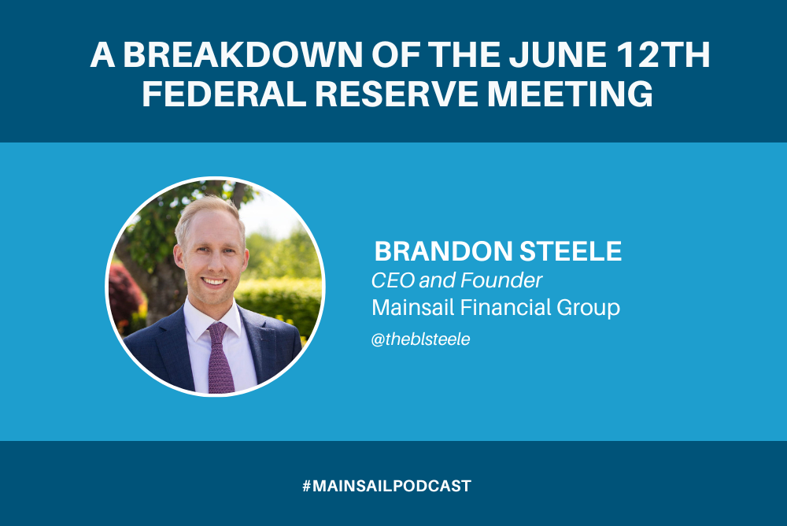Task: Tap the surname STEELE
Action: point(575,252)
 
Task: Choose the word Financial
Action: point(503,307)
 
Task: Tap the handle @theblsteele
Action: point(420,340)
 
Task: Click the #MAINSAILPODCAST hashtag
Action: point(386,486)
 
